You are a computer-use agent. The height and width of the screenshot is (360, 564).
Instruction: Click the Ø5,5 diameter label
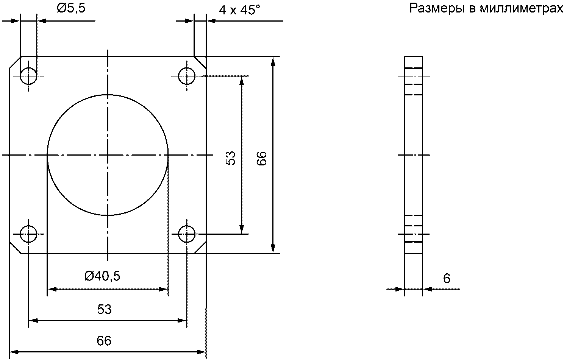[x=71, y=8]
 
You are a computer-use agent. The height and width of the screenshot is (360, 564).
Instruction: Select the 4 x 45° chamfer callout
[x=239, y=10]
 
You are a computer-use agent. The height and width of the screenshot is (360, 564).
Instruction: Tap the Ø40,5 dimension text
[x=102, y=276]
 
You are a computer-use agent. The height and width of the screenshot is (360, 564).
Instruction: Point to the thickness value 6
[x=447, y=279]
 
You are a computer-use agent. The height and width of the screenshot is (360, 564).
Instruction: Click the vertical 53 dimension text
[x=231, y=158]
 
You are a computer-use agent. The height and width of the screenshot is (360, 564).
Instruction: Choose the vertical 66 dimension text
[x=262, y=158]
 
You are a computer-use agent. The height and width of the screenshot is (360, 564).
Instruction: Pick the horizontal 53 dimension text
[x=104, y=309]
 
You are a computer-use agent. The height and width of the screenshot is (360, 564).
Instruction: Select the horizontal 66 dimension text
[x=104, y=341]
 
